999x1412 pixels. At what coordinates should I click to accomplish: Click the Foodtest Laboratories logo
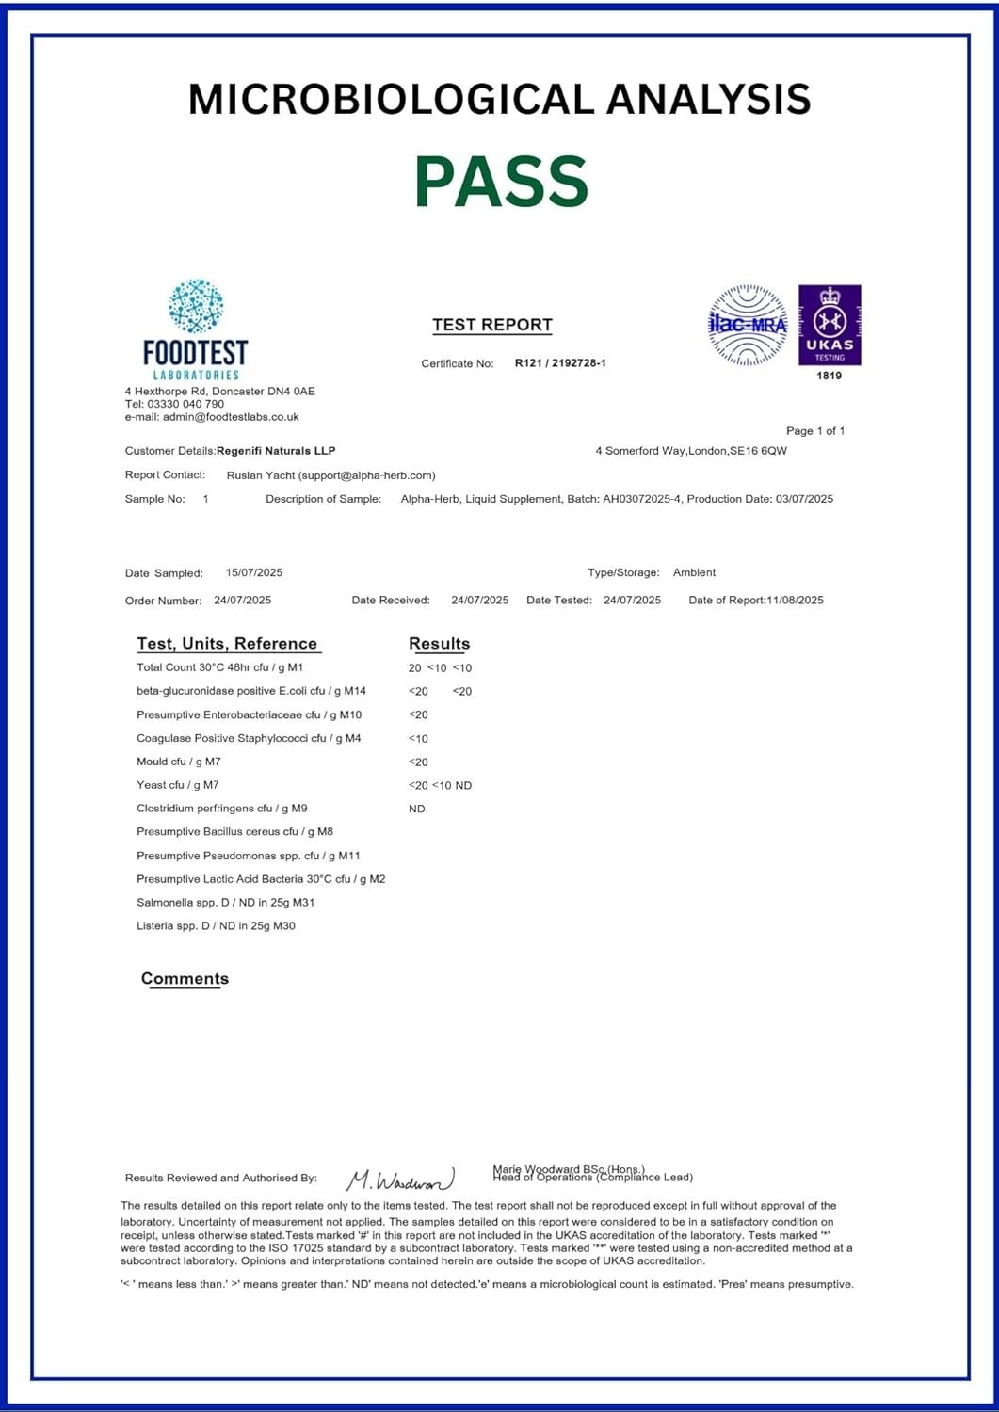coord(196,329)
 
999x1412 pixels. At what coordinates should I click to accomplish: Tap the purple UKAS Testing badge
coord(830,325)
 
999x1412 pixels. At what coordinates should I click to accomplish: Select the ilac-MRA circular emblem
coord(748,325)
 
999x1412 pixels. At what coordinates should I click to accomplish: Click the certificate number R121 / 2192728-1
coord(560,363)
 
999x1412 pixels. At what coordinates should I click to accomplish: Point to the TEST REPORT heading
coord(492,325)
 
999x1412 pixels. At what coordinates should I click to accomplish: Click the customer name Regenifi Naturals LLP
coord(276,451)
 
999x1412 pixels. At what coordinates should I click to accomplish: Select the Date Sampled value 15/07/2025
coord(254,572)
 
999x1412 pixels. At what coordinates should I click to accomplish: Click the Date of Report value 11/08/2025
coord(795,601)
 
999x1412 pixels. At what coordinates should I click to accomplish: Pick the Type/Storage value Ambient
coord(694,572)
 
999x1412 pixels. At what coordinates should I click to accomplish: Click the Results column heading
coord(439,644)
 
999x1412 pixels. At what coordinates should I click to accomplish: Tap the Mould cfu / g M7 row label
coord(179,762)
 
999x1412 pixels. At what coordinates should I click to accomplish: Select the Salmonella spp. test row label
coord(226,903)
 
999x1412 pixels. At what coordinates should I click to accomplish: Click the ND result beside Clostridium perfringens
coord(417,809)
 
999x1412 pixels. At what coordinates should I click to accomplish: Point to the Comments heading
coord(185,979)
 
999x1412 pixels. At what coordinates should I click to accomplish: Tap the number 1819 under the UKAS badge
coord(830,376)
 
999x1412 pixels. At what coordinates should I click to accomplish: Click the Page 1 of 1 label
coord(815,431)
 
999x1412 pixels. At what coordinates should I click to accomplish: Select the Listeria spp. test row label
coord(216,926)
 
